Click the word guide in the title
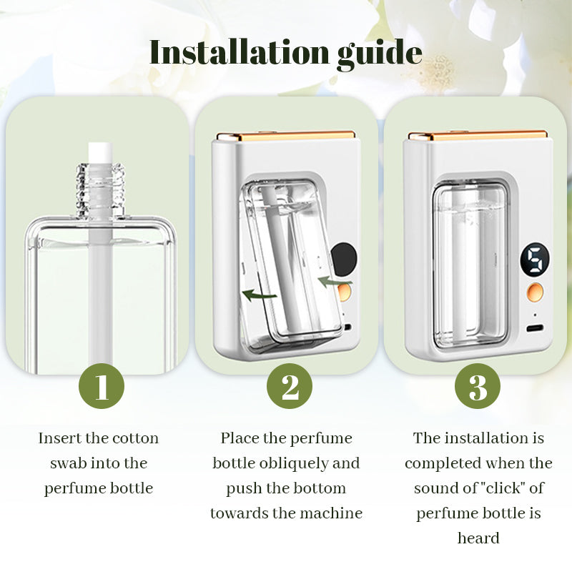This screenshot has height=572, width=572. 380,54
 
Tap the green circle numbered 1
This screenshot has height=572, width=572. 102,386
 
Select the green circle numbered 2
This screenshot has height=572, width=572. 290,386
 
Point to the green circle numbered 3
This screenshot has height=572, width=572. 478,386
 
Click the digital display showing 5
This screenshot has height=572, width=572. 535,260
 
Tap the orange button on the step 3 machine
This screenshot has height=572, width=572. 535,292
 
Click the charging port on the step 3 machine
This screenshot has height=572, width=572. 535,328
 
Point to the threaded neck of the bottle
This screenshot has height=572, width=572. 100,189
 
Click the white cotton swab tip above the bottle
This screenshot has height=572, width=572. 100,153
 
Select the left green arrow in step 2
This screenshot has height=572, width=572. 258,295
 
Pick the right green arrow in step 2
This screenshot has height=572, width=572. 335,282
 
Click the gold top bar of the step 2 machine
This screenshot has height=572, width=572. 286,137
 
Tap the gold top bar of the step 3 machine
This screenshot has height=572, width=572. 478,136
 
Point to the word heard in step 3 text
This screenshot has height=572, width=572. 478,538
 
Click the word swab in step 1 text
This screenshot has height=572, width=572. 69,463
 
